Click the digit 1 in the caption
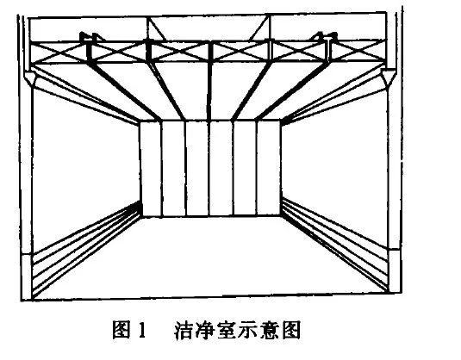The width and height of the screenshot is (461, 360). click(141, 330)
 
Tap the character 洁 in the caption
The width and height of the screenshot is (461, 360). click(184, 331)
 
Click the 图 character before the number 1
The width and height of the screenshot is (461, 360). click(121, 330)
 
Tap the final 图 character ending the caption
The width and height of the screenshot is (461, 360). click(291, 331)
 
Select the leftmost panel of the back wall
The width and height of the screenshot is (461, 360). click(151, 169)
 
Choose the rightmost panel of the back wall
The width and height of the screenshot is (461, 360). click(269, 167)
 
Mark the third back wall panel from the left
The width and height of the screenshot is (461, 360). click(198, 168)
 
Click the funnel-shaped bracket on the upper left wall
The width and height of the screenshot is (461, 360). click(30, 78)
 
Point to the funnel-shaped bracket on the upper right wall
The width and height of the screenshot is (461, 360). click(388, 77)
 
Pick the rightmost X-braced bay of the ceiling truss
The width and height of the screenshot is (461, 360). click(357, 51)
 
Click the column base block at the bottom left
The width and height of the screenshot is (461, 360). click(27, 276)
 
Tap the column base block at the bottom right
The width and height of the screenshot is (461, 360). click(395, 270)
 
